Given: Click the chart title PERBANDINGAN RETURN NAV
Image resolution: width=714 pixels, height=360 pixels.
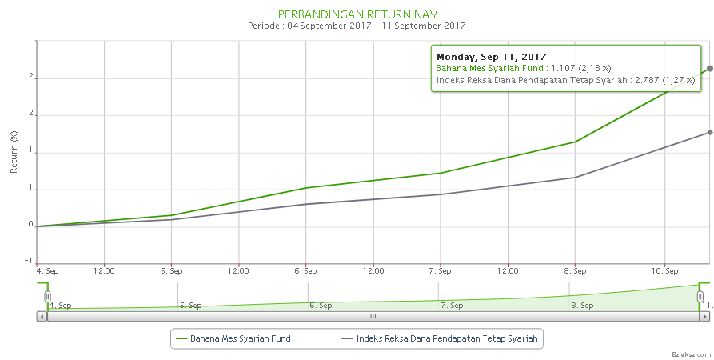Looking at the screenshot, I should point(357,14).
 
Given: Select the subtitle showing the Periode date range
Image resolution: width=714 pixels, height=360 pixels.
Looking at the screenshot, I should point(357,26).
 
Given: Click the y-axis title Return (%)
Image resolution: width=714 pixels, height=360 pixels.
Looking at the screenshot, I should point(14,152).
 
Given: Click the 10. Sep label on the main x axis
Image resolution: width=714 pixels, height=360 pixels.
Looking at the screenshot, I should point(665,271).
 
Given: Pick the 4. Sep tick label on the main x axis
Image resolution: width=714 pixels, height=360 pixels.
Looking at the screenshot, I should point(48,271).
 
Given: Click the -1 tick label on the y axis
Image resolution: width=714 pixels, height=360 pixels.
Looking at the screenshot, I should point(29,262).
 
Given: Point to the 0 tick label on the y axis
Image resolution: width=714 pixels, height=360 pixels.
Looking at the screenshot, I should point(30,225).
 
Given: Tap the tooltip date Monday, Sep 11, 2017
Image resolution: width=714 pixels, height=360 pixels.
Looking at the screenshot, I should point(491,57).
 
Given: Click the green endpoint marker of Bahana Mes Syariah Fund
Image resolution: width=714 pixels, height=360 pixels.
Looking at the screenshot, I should point(710,69).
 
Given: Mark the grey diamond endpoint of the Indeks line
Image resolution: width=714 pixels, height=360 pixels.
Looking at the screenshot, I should point(710,132).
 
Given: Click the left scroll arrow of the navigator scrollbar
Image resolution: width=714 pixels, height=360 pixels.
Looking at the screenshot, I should point(42,317).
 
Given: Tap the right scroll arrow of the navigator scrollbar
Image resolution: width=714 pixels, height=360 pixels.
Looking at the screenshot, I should point(704,317).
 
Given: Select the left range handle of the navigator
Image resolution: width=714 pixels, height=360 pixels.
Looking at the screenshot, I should point(48,297).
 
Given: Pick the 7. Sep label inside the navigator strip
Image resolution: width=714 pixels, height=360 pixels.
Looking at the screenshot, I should point(452,305).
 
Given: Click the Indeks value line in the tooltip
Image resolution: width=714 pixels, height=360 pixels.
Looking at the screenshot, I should point(565,80).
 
